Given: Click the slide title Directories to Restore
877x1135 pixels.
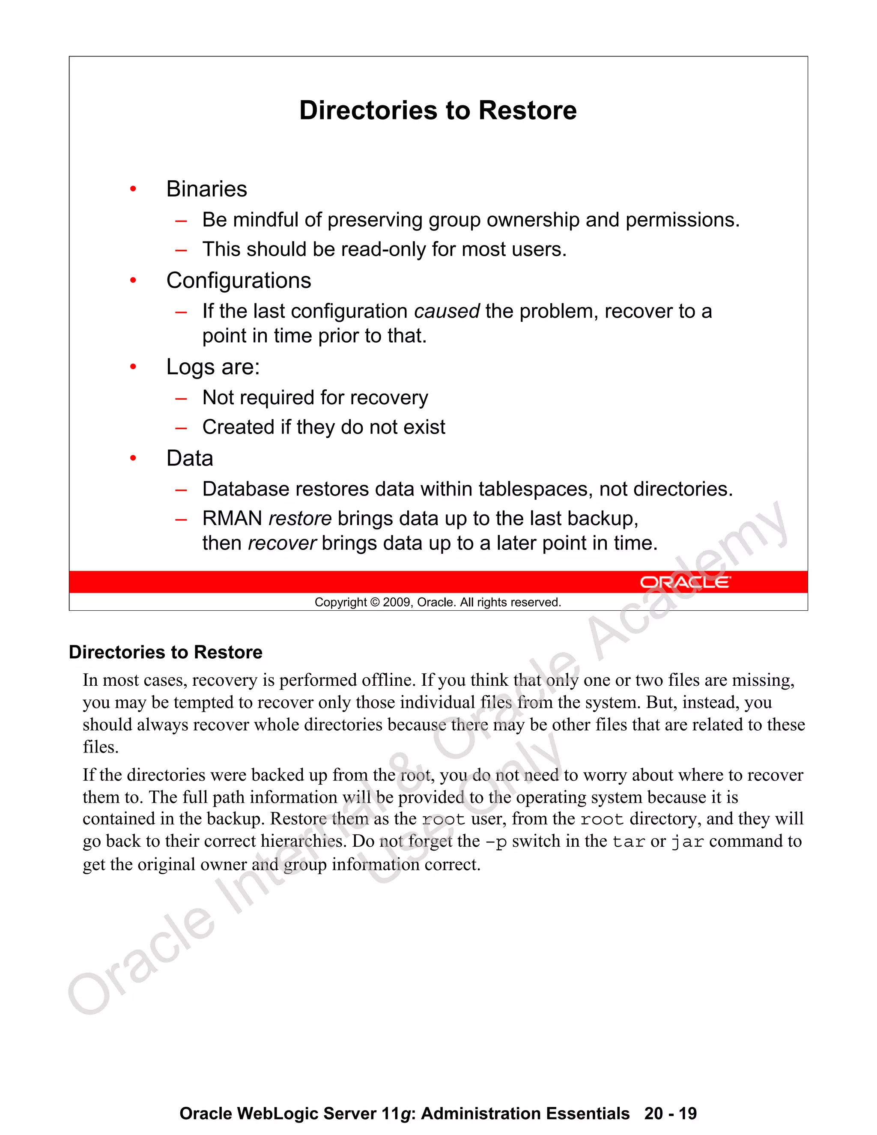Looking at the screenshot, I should (x=438, y=111).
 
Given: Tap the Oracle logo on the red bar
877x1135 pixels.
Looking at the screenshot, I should (x=685, y=582).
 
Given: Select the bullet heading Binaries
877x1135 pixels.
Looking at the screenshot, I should (x=206, y=189).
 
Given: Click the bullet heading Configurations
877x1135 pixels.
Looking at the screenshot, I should (x=239, y=281).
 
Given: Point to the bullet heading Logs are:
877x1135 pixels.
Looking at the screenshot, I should (x=212, y=367).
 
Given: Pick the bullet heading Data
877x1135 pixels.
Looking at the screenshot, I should (x=190, y=458).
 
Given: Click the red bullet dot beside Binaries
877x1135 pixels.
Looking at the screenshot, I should (x=133, y=189).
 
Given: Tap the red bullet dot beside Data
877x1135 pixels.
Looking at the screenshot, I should (x=133, y=458).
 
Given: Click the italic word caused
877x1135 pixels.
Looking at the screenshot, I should (x=447, y=311).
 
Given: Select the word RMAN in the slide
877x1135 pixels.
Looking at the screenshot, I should (x=232, y=519).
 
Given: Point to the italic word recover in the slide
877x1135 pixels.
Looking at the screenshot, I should (x=282, y=543).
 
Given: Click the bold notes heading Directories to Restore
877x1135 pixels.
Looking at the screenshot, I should (x=166, y=652).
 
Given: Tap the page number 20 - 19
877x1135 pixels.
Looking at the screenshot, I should (x=670, y=1113).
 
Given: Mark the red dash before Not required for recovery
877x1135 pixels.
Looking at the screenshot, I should (x=181, y=399).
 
